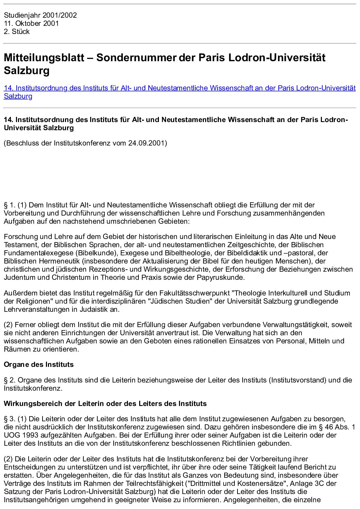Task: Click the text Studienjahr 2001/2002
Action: (x=40, y=15)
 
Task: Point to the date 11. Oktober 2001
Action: (x=31, y=23)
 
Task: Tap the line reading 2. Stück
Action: (x=17, y=32)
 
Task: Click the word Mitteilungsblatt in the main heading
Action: (x=44, y=57)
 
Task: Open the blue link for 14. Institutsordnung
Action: (x=179, y=88)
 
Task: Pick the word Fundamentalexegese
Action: (x=38, y=253)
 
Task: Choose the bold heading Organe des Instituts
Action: (x=38, y=364)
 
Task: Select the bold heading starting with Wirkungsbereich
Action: (x=105, y=404)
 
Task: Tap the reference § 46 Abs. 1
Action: (x=335, y=427)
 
